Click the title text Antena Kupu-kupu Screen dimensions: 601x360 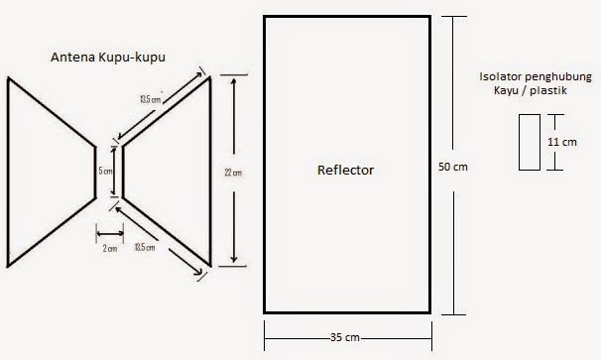pyautogui.click(x=108, y=58)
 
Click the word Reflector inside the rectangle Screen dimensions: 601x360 pyautogui.click(x=345, y=170)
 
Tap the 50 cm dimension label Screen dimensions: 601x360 pyautogui.click(x=453, y=167)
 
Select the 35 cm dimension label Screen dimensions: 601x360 pyautogui.click(x=345, y=337)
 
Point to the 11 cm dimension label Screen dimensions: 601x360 pyautogui.click(x=562, y=142)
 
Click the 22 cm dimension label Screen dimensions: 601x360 pyautogui.click(x=233, y=173)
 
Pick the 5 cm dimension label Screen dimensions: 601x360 pyautogui.click(x=105, y=171)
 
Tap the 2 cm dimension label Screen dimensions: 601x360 pyautogui.click(x=110, y=249)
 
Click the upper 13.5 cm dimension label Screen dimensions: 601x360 pyautogui.click(x=151, y=99)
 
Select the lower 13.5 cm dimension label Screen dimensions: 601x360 pyautogui.click(x=145, y=247)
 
